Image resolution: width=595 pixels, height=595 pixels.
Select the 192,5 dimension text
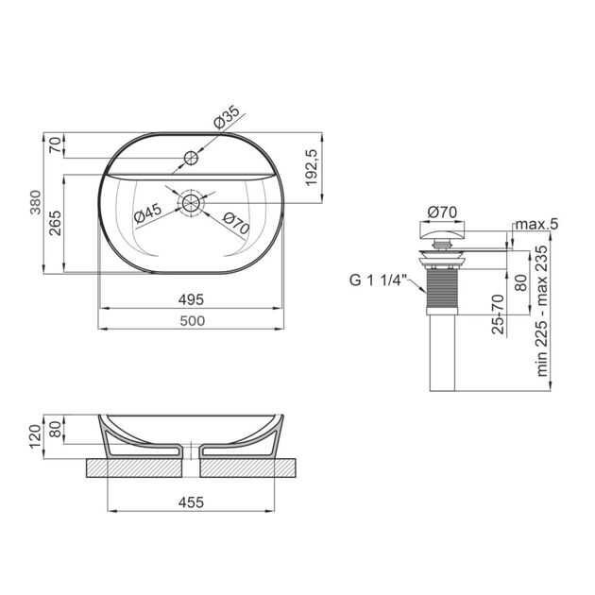pyautogui.click(x=311, y=167)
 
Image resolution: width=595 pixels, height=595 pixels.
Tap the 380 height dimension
pyautogui.click(x=35, y=202)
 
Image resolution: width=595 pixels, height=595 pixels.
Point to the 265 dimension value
pyautogui.click(x=56, y=223)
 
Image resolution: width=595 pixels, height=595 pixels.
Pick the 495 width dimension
pyautogui.click(x=191, y=299)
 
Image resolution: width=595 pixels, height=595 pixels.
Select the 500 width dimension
pyautogui.click(x=193, y=321)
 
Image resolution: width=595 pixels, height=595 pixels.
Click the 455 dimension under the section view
pyautogui.click(x=191, y=502)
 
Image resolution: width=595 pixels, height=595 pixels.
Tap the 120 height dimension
pyautogui.click(x=35, y=436)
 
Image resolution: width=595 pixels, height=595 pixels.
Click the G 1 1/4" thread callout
pyautogui.click(x=378, y=280)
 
